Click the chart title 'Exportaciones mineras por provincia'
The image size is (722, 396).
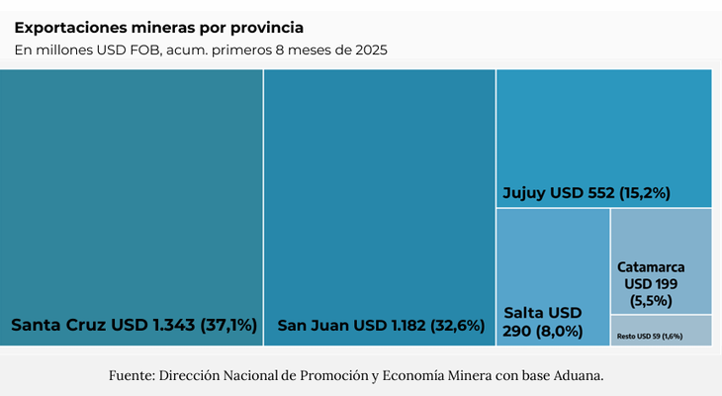[x=158, y=27]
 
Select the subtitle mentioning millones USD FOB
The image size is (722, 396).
[x=200, y=49]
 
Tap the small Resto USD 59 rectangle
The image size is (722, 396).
[x=661, y=331]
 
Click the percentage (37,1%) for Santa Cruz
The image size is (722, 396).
[x=228, y=325]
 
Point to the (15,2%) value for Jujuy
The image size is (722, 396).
[x=645, y=193]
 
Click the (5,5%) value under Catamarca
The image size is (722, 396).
[x=651, y=300]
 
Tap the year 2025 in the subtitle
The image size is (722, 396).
[x=368, y=49]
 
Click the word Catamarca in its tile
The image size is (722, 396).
[x=651, y=267]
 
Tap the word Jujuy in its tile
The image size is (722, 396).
[x=522, y=193]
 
